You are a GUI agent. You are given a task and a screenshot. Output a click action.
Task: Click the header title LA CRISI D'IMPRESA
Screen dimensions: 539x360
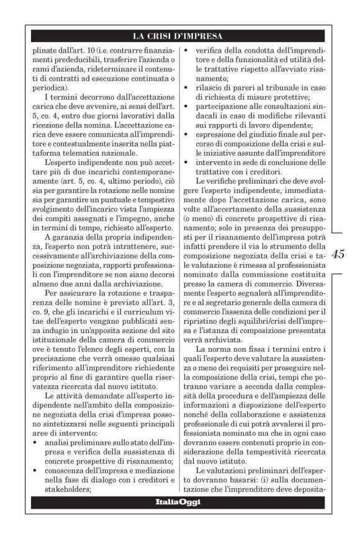pyautogui.click(x=180, y=35)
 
